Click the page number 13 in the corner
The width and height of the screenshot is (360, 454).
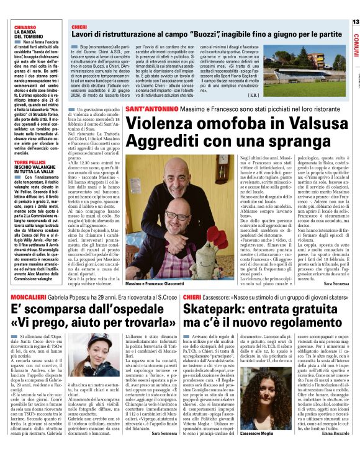355,22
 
